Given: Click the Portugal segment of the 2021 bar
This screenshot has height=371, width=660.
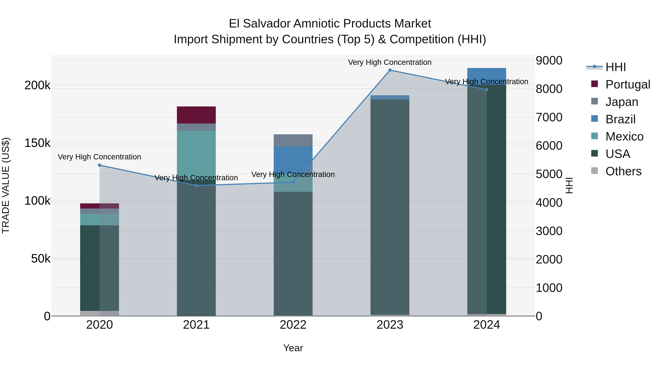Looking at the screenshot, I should click(196, 115).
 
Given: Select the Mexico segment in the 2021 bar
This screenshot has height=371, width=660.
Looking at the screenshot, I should click(196, 154).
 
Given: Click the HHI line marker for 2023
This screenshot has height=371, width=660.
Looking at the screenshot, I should click(390, 70).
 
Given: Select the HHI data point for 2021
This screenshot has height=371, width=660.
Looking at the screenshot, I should click(196, 186).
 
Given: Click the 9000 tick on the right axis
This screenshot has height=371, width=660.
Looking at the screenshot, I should click(549, 61).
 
